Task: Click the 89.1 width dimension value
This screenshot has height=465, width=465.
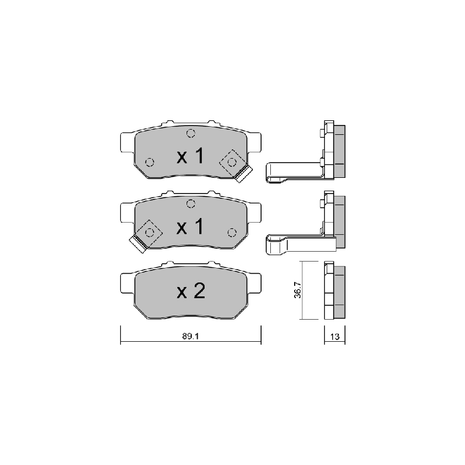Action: click(191, 337)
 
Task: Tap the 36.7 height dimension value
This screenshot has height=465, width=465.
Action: click(298, 290)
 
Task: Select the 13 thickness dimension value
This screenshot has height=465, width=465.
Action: click(335, 337)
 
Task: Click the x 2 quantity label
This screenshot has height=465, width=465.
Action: click(191, 291)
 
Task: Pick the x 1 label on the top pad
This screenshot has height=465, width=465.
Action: click(191, 156)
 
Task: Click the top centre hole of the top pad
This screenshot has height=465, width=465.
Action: click(191, 134)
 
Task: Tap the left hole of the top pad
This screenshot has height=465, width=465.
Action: click(150, 162)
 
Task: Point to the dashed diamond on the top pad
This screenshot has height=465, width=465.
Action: click(232, 162)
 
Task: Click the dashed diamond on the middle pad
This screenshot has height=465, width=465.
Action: click(150, 233)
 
